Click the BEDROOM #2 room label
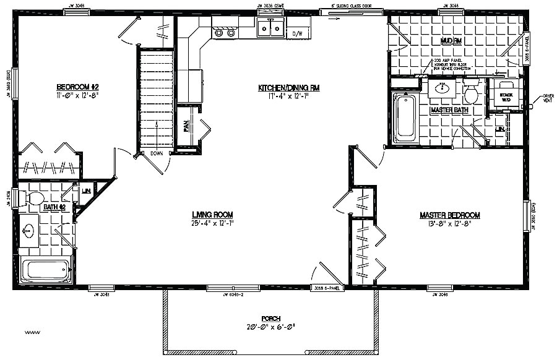tap(78, 87)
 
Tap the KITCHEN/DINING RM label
tap(284, 88)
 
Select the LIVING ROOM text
tap(212, 215)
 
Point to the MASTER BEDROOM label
tap(450, 215)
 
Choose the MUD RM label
tap(451, 41)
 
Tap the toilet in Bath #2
tap(33, 198)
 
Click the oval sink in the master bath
tap(443, 88)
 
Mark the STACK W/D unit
tap(506, 95)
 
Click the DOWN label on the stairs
tap(156, 153)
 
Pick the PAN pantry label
tap(186, 127)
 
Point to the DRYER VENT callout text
tap(548, 100)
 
